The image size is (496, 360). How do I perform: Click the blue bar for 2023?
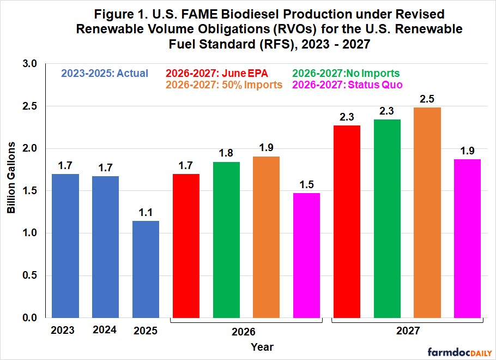[65, 245]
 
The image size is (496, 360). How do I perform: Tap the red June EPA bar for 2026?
[186, 245]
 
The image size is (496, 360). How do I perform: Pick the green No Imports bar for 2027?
[387, 218]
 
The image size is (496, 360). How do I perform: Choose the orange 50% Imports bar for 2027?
[427, 213]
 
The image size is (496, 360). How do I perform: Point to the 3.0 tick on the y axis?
[31, 64]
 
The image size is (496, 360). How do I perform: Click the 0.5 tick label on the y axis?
[31, 275]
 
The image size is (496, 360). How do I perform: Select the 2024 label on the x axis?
[105, 330]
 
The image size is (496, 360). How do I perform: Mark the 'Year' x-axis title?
[262, 346]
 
